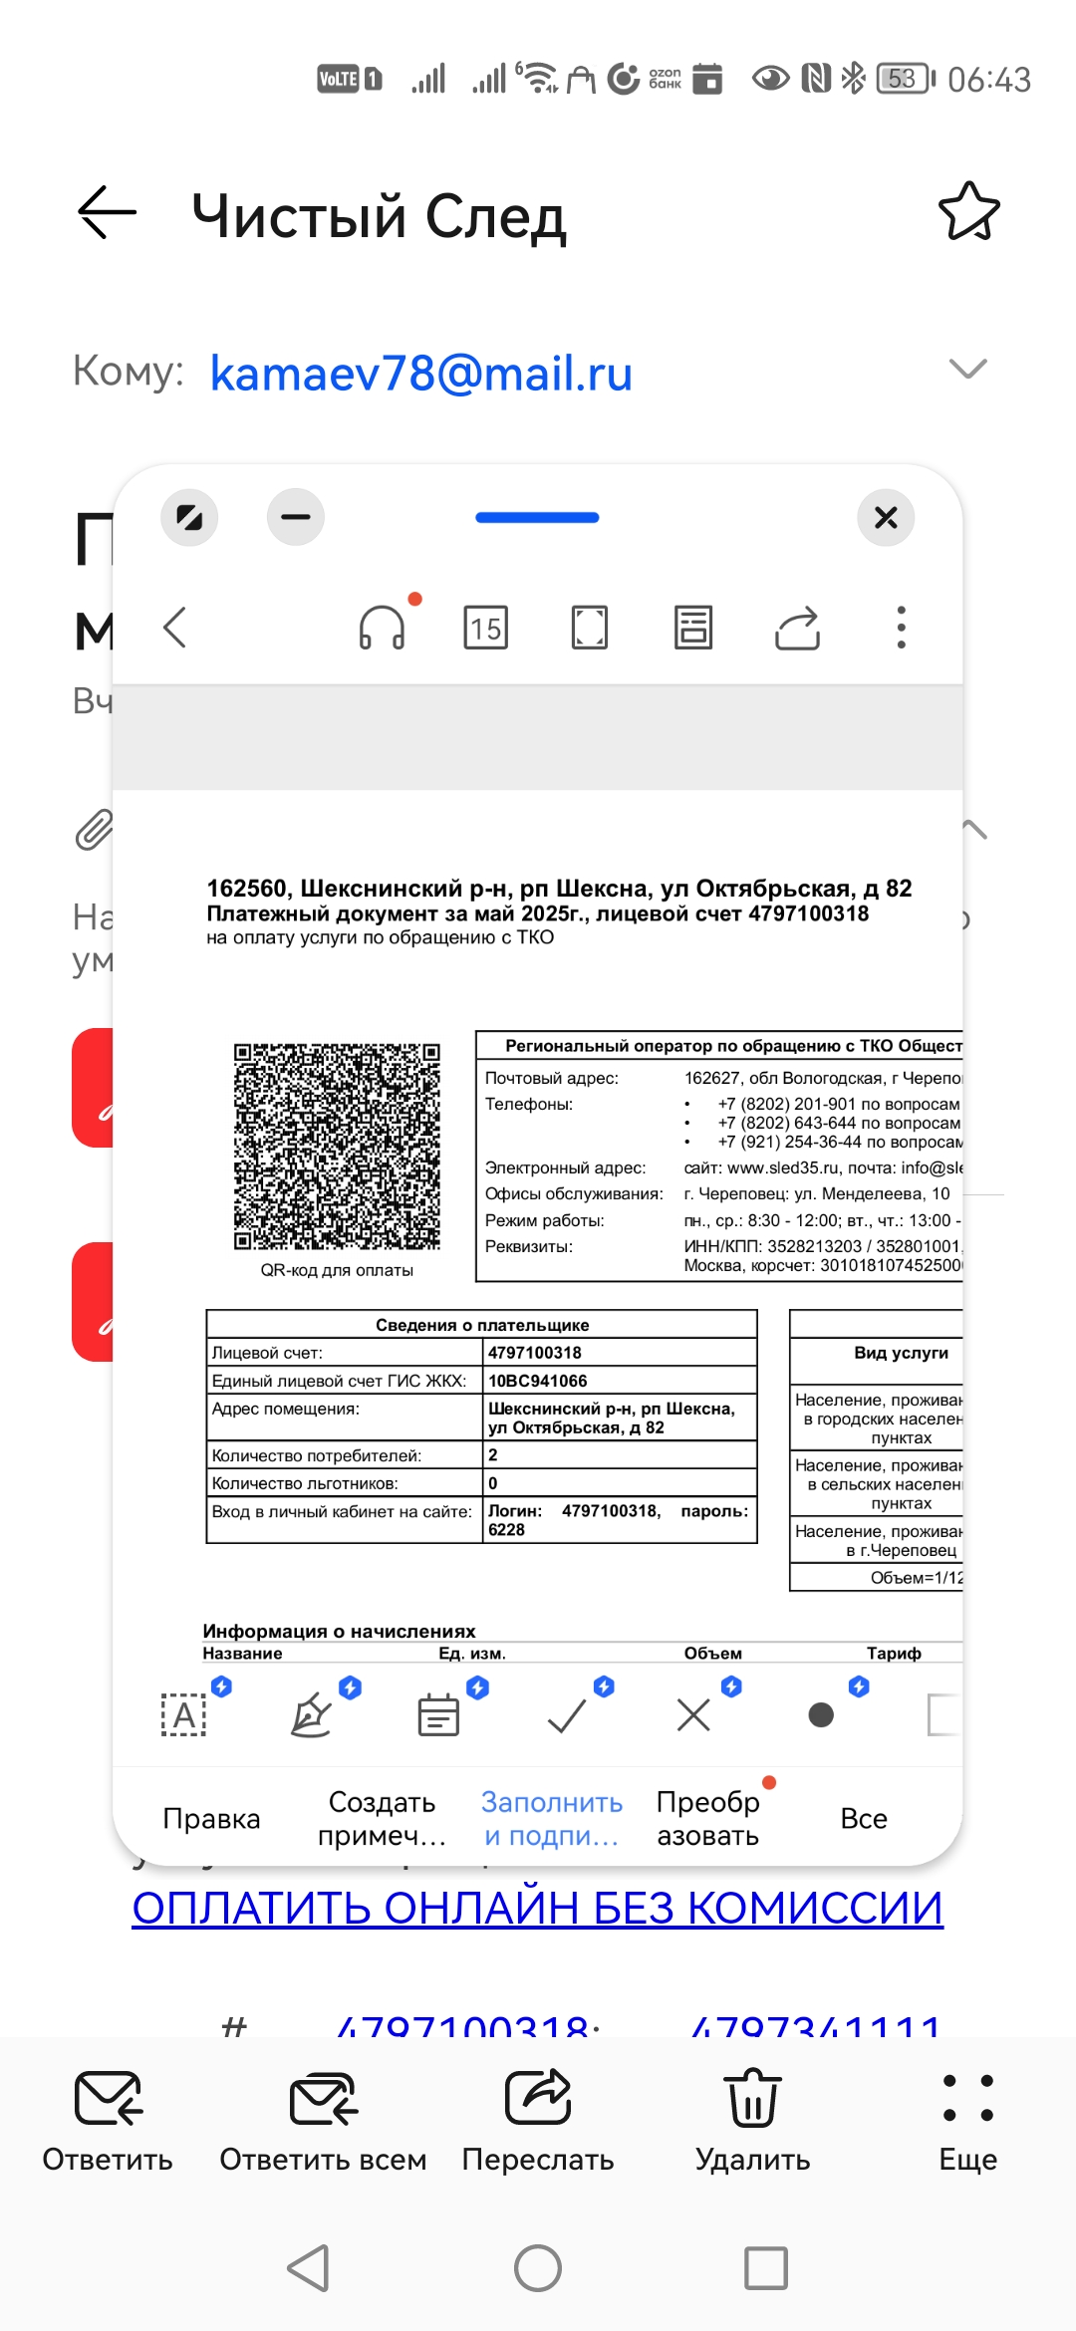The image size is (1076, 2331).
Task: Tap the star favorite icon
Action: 968,211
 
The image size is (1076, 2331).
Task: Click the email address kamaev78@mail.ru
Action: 420,374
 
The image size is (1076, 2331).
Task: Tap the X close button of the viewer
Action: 886,517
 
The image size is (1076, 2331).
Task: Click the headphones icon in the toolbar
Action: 383,628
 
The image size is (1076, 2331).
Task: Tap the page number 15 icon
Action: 486,628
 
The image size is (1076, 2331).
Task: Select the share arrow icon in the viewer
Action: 797,628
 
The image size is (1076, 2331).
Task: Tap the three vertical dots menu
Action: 901,628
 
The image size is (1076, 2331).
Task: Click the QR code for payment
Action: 337,1147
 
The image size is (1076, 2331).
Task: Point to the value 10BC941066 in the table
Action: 538,1381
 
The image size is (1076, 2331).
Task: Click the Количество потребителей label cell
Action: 317,1455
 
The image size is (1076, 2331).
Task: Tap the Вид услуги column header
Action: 901,1353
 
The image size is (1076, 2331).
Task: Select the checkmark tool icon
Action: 568,1715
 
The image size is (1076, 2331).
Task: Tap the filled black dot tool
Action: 821,1715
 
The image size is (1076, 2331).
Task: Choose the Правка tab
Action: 211,1819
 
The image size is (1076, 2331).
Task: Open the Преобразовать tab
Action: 708,1819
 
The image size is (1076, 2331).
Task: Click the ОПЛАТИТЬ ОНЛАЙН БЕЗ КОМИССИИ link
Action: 538,1909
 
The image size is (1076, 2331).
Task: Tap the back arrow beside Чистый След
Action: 108,212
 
